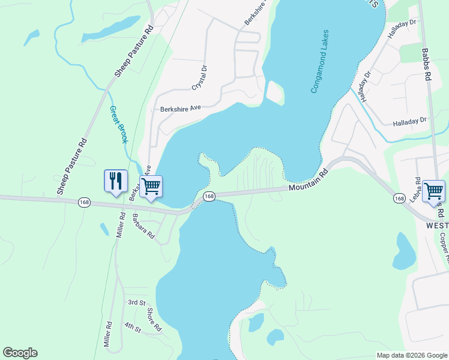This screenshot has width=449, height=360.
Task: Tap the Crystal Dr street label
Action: point(199,78)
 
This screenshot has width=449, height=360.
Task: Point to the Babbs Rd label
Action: point(427,65)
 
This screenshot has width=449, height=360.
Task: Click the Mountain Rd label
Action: point(309,179)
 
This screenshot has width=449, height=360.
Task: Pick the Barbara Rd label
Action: point(144,227)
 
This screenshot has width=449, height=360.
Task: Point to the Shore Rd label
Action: point(154,320)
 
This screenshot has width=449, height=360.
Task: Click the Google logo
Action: point(20,353)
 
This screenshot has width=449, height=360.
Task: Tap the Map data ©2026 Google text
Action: point(411,355)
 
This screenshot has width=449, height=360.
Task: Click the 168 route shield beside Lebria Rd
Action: point(400,198)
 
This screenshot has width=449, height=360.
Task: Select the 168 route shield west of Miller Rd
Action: point(84,203)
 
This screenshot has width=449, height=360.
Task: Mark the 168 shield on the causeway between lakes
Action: point(209,197)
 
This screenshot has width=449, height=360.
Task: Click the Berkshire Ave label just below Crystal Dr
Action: point(180,109)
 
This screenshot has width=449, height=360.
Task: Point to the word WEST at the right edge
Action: point(437,226)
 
